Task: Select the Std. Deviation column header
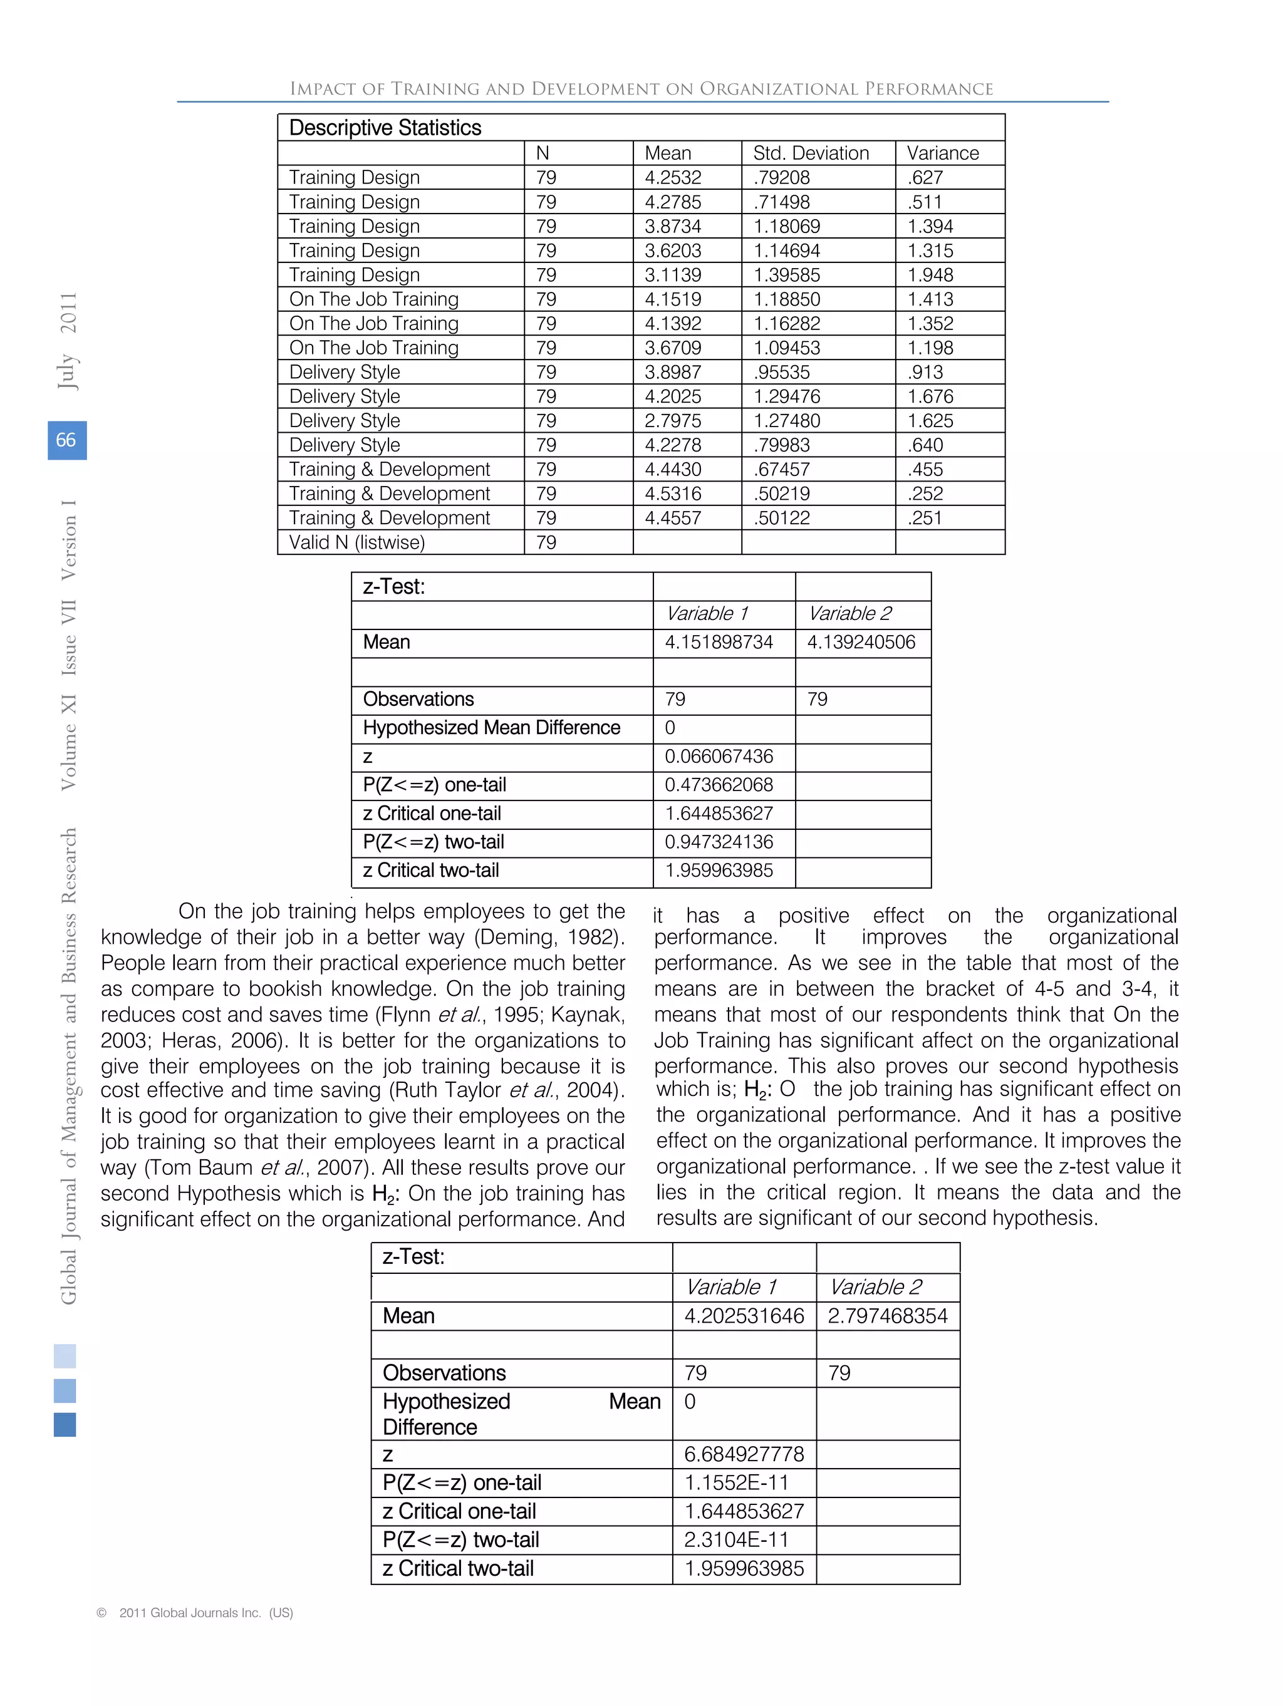click(x=810, y=153)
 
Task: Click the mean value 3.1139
click(x=673, y=276)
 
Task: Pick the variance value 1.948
click(x=930, y=276)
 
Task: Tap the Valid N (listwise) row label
click(x=356, y=543)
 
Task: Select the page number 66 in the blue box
click(x=66, y=440)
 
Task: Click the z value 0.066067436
click(x=719, y=757)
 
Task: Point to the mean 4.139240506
click(x=861, y=643)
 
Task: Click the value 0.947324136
click(x=719, y=842)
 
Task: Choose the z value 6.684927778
click(x=744, y=1455)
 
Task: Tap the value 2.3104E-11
click(x=736, y=1540)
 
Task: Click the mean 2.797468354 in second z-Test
click(x=887, y=1316)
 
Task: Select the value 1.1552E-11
click(x=736, y=1483)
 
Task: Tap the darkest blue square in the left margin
click(x=65, y=1425)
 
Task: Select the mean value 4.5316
click(x=673, y=494)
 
